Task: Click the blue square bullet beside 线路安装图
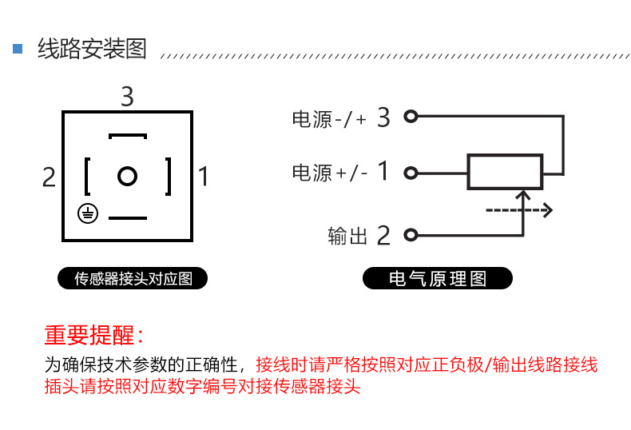tap(18, 49)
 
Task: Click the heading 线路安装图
tap(93, 49)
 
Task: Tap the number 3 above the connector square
tap(127, 98)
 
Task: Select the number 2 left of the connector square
tap(50, 177)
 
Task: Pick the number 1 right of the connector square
tap(204, 177)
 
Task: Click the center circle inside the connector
tap(127, 176)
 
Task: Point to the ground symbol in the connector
tap(89, 213)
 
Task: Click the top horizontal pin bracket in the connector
tap(128, 137)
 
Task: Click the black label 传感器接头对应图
tap(133, 279)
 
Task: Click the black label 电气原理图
tap(437, 279)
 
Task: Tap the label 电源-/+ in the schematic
tap(329, 120)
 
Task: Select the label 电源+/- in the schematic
tap(329, 173)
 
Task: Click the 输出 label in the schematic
tap(347, 236)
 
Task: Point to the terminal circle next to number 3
tap(411, 117)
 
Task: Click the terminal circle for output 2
tap(411, 235)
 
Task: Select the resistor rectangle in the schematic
tap(505, 172)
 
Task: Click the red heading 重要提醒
tap(94, 335)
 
